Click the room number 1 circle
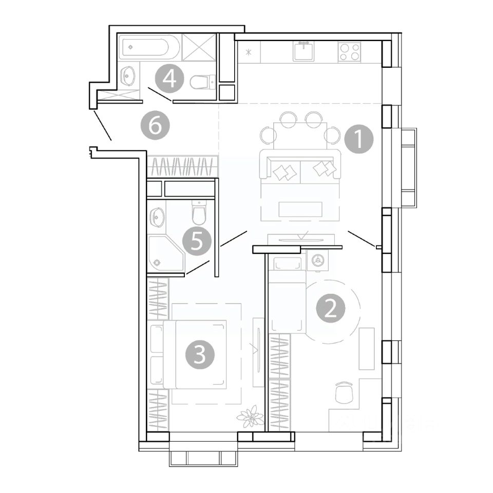(x=358, y=139)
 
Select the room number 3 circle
(x=200, y=354)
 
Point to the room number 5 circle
(x=198, y=240)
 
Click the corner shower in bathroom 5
(x=164, y=253)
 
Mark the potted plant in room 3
(x=250, y=415)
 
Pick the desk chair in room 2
(x=342, y=393)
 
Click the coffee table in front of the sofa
(x=300, y=210)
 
